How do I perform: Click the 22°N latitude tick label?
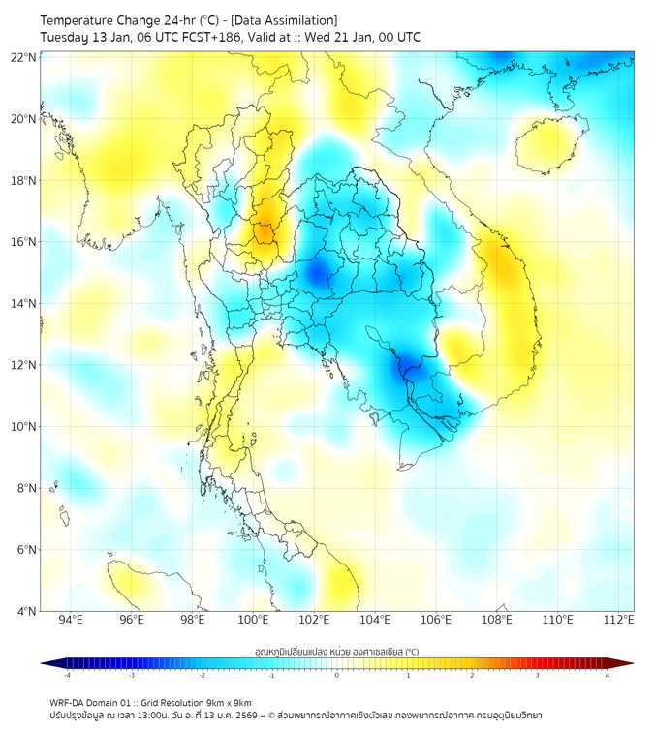(x=24, y=57)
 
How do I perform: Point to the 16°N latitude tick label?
(x=24, y=242)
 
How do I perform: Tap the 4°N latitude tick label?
(x=27, y=611)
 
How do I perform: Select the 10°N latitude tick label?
(x=24, y=427)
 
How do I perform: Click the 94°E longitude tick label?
(x=71, y=620)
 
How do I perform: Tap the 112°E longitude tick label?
(x=618, y=620)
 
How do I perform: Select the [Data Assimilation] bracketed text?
(x=288, y=20)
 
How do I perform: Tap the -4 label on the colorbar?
(x=67, y=676)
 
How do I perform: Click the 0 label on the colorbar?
(x=337, y=676)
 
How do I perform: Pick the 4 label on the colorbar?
(x=607, y=676)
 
